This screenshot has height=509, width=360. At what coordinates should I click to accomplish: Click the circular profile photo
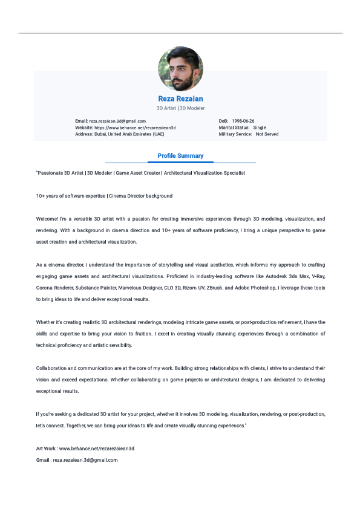tap(180, 69)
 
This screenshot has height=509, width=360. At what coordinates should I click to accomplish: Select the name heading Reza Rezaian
tap(180, 99)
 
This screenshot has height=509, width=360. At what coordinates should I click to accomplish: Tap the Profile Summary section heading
tap(180, 156)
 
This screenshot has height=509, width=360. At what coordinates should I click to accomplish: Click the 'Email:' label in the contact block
tap(81, 121)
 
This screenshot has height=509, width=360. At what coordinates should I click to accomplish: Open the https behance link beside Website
tap(135, 128)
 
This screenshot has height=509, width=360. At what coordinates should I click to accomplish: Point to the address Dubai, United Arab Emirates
tap(129, 134)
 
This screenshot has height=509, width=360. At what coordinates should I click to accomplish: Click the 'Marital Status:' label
tap(234, 128)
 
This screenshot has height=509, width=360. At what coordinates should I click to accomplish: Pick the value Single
tap(260, 128)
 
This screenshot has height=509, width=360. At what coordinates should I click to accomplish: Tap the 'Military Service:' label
tap(235, 134)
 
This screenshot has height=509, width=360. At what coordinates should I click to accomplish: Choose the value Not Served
tap(267, 134)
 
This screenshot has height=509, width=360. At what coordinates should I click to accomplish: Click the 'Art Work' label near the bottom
tap(46, 449)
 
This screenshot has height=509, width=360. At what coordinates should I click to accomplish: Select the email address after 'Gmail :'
tap(85, 460)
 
